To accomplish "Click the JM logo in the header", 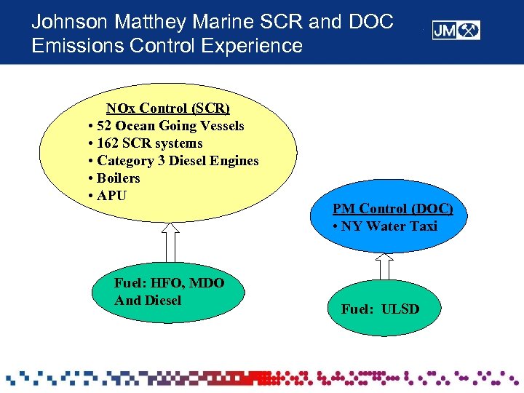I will tap(456, 31).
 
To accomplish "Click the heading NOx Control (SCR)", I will tap(168, 108).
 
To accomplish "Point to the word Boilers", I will tap(118, 178).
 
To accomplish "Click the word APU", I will tap(111, 196).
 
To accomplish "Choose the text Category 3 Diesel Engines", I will tap(178, 161).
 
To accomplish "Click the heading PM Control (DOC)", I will tap(393, 209).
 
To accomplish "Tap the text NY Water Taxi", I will tap(389, 226).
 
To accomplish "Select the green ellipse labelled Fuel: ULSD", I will tap(381, 309).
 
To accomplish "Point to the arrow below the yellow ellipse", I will tap(170, 242).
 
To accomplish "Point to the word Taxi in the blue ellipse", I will tap(423, 226).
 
